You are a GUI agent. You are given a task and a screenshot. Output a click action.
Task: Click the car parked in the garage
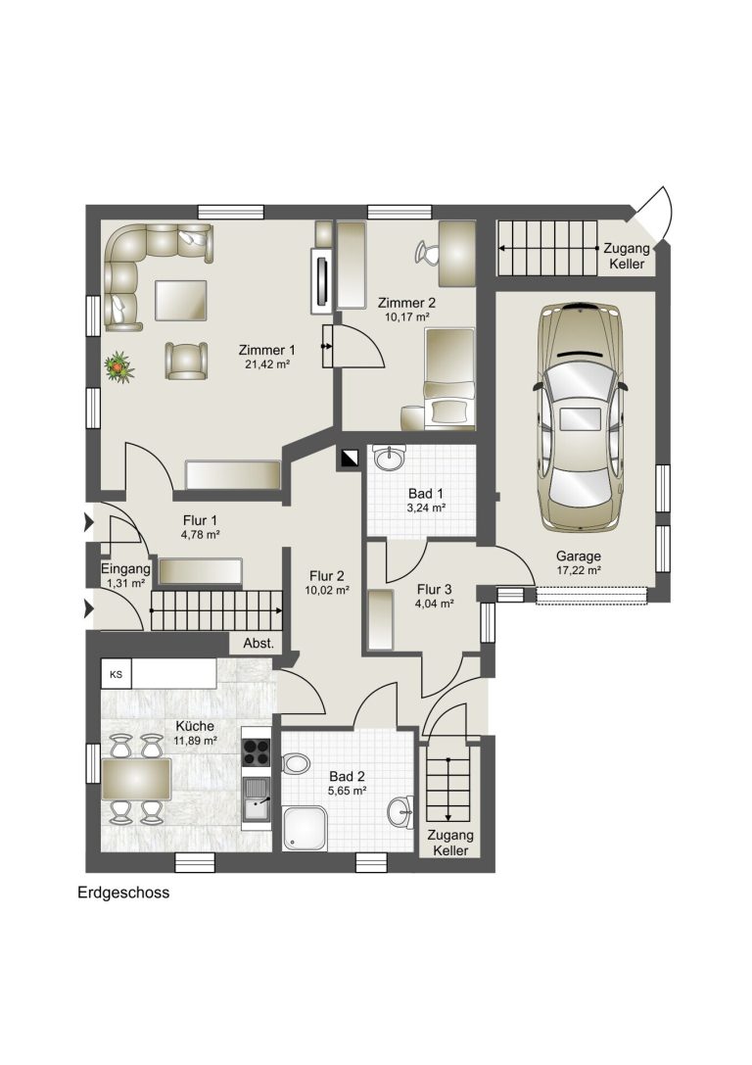coord(579,417)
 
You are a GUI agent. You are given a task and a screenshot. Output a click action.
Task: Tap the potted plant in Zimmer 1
coord(118,365)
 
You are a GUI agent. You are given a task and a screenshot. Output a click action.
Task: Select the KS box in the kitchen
coord(117,674)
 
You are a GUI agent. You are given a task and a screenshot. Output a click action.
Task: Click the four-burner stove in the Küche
coord(257,751)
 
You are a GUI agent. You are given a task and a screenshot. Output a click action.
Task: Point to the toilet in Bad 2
coord(295,762)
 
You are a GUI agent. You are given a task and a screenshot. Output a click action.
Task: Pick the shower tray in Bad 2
coord(305,828)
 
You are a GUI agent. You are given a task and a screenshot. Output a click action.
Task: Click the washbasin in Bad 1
coord(389,458)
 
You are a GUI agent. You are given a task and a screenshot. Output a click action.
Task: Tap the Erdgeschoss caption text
coord(123,893)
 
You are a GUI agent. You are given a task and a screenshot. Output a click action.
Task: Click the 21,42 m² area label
coord(267,364)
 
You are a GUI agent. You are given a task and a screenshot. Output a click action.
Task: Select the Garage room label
coord(579,556)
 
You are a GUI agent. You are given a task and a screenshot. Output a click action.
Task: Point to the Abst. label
coord(258,643)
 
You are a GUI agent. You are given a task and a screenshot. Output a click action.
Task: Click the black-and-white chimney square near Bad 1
coord(350,460)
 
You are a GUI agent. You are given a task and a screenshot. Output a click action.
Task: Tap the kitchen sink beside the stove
coord(257,800)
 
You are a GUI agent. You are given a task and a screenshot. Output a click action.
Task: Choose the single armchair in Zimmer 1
coord(185,361)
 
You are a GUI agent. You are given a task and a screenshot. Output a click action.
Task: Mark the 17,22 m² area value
coord(579,570)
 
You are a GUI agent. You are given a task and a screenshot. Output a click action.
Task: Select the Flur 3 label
coord(435,589)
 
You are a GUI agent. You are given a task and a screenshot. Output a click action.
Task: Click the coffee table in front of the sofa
coord(180,300)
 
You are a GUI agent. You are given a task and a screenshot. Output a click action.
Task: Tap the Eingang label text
coord(125,569)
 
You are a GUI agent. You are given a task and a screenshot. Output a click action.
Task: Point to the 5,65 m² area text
coord(348,791)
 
